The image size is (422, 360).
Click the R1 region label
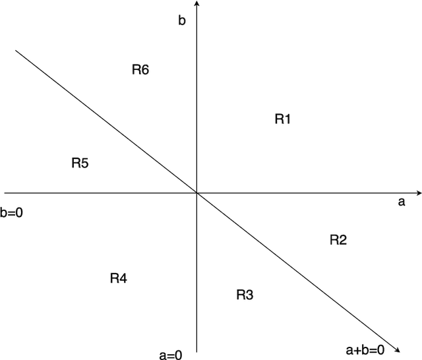coord(283,119)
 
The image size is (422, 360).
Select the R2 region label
coord(338,240)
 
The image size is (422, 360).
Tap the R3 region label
coord(245,295)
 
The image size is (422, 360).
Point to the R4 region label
coord(118,278)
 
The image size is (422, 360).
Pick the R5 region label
coord(80,163)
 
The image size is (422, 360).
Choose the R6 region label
coord(140,70)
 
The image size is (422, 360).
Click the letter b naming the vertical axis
coord(182,20)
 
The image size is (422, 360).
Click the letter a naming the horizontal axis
coord(401,203)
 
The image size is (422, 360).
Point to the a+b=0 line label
coord(364,348)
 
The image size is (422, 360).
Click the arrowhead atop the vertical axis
coord(198,4)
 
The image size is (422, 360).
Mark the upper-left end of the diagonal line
coord(16,50)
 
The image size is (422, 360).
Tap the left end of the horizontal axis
coord(5,193)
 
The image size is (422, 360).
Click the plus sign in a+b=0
coord(360,348)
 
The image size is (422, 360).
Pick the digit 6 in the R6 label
coord(145,70)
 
